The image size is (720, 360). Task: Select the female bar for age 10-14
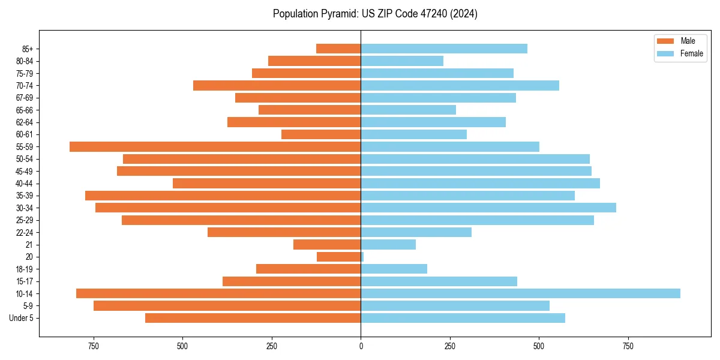pos(520,293)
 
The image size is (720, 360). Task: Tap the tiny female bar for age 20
pos(362,257)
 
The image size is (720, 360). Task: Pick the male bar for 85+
pos(338,49)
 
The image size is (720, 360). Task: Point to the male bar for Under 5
pos(253,318)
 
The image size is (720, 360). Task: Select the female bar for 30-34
pos(488,208)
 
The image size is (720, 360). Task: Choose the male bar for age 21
pos(327,244)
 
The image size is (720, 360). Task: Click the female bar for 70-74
pos(460,85)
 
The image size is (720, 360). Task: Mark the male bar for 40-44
pos(266,183)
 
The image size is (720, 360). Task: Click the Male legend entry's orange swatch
pos(665,41)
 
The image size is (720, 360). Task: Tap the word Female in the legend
pos(692,53)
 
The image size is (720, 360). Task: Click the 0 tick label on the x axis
pos(361,346)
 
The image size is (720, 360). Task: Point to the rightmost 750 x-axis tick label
pos(628,346)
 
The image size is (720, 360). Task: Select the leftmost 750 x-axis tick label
pos(94,346)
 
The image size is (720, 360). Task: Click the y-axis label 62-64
pos(25,122)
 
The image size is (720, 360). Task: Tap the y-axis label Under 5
pos(22,318)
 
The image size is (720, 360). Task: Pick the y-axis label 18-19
pos(25,269)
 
